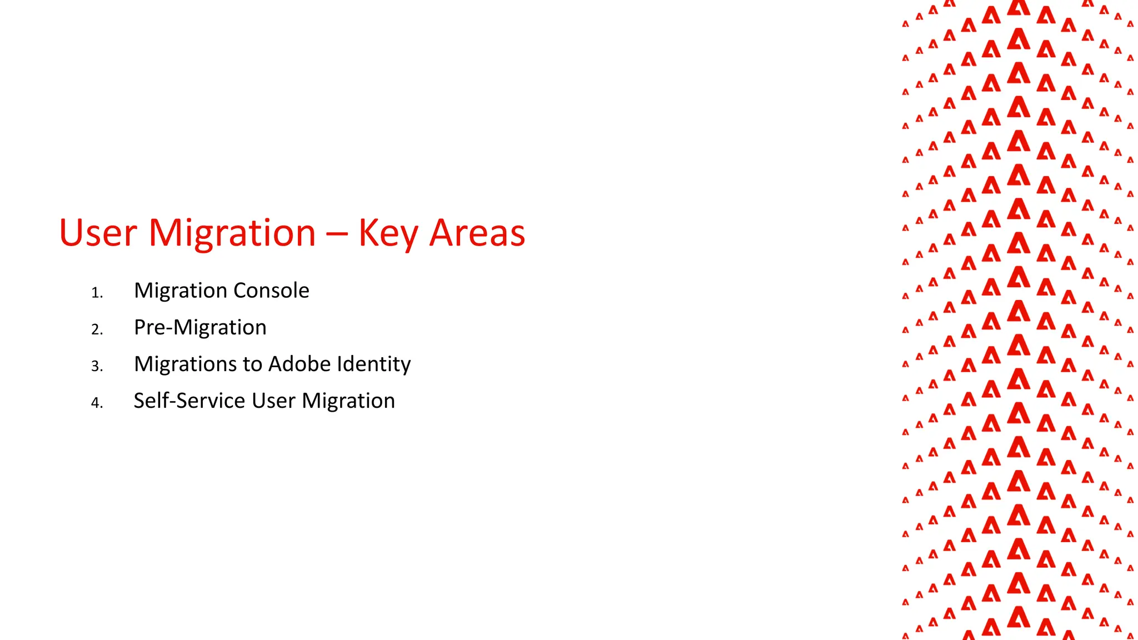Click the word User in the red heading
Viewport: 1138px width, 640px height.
[98, 233]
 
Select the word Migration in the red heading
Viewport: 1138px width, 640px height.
[232, 233]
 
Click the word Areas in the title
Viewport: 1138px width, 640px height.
[477, 233]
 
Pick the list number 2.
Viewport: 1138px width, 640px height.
[97, 329]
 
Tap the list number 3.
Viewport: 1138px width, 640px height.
[97, 366]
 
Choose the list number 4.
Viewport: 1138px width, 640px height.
[97, 403]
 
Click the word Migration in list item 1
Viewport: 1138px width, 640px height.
[179, 291]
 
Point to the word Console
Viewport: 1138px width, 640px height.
[271, 291]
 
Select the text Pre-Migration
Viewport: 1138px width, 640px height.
[200, 327]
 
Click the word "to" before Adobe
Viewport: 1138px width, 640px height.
[252, 364]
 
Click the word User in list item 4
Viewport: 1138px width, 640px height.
[273, 401]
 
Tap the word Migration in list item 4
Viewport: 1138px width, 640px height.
[348, 401]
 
